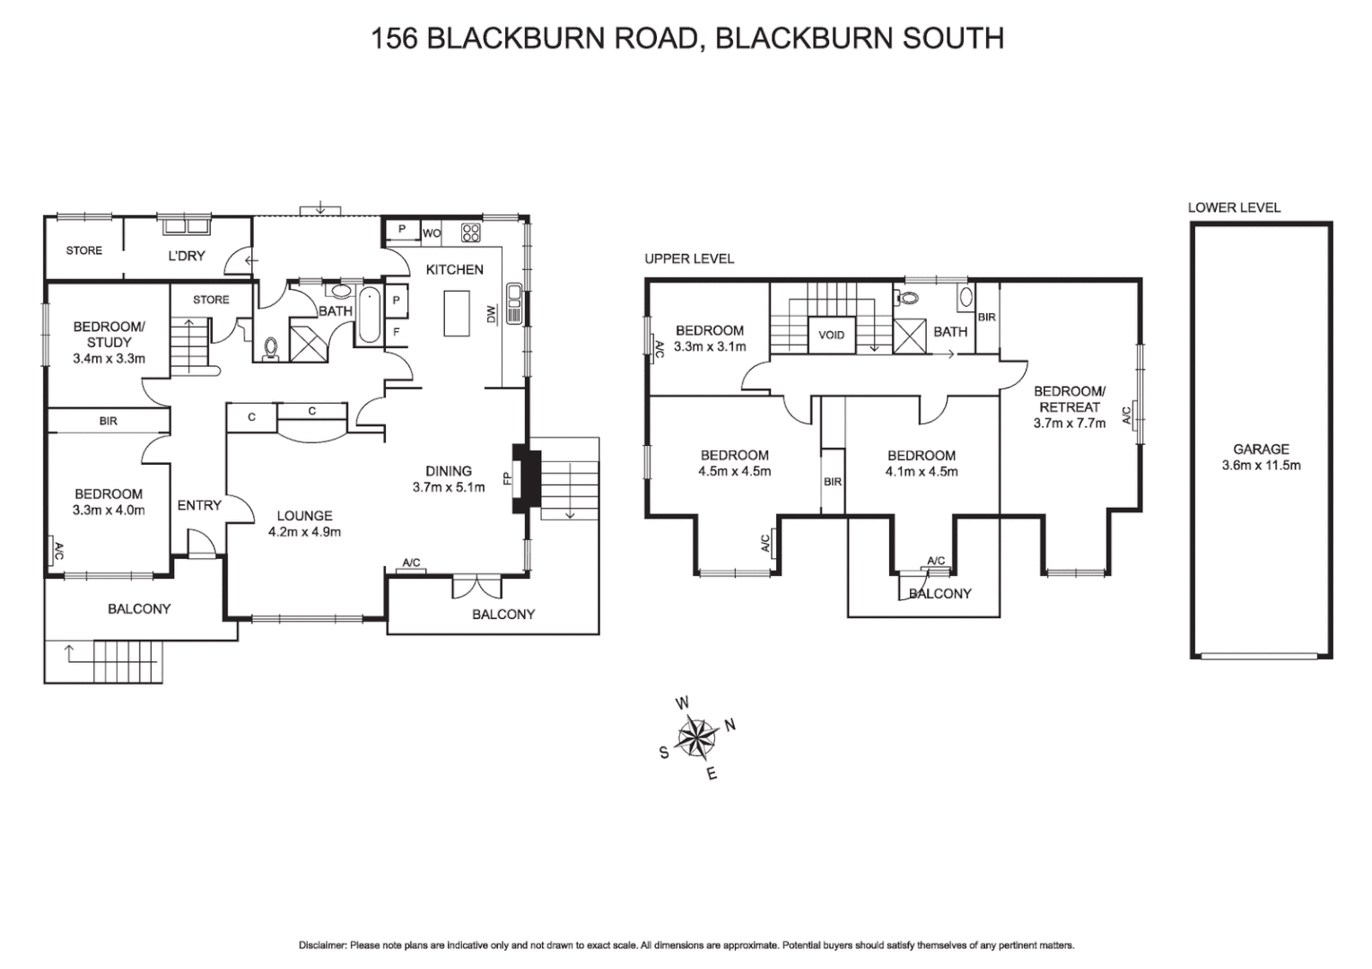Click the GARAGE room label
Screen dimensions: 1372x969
pos(1261,450)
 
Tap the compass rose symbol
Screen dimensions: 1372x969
pos(696,738)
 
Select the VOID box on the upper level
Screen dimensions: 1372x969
pos(831,336)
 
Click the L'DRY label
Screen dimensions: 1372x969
pos(187,256)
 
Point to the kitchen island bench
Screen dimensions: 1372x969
pos(457,313)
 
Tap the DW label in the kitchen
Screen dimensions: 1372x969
pos(491,314)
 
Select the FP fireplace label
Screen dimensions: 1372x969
pos(507,478)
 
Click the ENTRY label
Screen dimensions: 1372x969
pos(199,505)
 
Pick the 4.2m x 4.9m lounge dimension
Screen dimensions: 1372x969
pos(305,531)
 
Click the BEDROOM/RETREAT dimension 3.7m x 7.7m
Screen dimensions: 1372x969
pos(1070,423)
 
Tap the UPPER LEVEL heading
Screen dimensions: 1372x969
pos(689,258)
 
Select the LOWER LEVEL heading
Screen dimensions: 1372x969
pos(1234,207)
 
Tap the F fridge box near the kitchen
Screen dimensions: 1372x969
pos(396,331)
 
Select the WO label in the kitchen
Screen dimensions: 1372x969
pos(432,233)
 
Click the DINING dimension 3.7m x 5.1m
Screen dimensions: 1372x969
pos(449,487)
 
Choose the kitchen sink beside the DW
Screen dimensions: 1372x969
pos(514,302)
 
